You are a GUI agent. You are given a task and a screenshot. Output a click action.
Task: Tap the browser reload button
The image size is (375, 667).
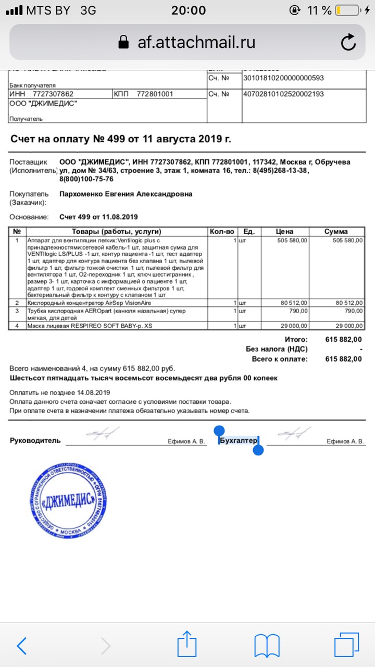(x=348, y=42)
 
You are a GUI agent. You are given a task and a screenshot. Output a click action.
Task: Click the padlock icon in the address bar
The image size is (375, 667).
(x=123, y=42)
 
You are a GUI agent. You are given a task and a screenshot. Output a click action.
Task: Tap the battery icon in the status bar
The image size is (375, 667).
(x=346, y=10)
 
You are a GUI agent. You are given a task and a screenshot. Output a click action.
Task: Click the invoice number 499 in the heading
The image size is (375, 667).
(x=117, y=139)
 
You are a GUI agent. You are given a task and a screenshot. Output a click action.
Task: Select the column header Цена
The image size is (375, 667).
(x=284, y=231)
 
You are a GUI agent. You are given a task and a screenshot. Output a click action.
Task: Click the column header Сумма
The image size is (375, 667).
(x=336, y=231)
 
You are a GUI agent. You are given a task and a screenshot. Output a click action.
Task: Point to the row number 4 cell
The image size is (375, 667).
(x=17, y=326)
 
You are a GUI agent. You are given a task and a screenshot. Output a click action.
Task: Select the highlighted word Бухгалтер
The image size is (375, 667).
(x=239, y=441)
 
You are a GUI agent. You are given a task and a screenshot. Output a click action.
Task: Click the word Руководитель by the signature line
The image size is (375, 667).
(x=35, y=441)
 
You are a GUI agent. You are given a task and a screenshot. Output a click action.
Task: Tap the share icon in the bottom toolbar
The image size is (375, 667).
(x=186, y=646)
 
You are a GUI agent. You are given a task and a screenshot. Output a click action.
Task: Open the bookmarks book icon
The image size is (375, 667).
(x=267, y=646)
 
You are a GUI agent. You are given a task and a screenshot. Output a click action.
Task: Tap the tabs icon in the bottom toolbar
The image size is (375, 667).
(x=346, y=646)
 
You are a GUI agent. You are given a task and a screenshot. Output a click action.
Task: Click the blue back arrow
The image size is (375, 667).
(x=22, y=646)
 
